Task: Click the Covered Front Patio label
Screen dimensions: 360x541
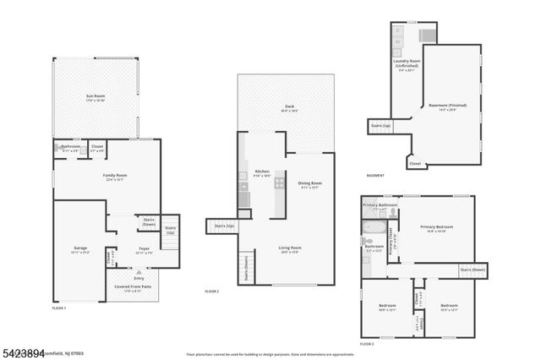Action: click(x=134, y=286)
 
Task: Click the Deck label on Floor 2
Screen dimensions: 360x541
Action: click(x=289, y=106)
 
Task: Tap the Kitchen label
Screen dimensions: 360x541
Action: click(x=261, y=171)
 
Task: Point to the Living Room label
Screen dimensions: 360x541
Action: click(x=290, y=248)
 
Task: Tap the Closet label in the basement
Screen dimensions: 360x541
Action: click(x=414, y=163)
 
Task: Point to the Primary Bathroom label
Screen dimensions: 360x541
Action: click(x=380, y=205)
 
